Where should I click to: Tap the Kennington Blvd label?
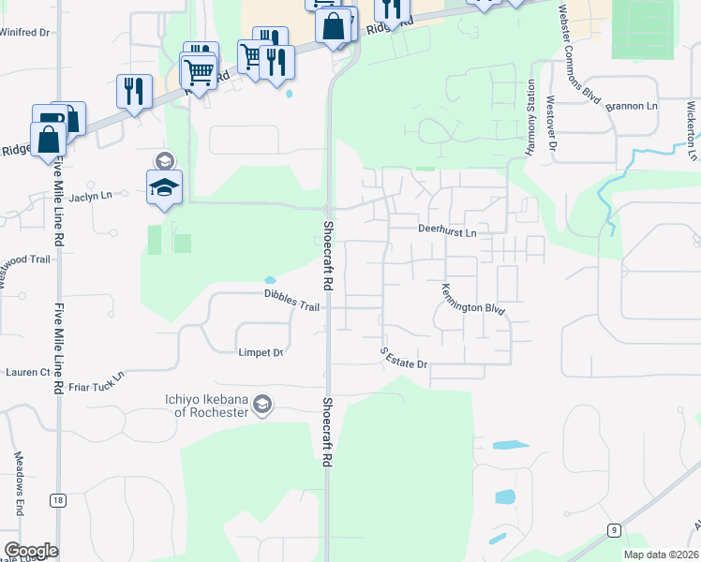pos(473,299)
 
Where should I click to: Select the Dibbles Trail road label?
pos(291,301)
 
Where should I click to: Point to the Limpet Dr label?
pos(261,352)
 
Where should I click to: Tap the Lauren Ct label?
pos(27,372)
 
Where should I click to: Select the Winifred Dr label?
pos(24,32)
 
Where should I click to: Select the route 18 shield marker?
pos(58,501)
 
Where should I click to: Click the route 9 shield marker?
pos(613,530)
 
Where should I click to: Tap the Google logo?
pos(31,551)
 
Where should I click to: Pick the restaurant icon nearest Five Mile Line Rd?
pos(134,91)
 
